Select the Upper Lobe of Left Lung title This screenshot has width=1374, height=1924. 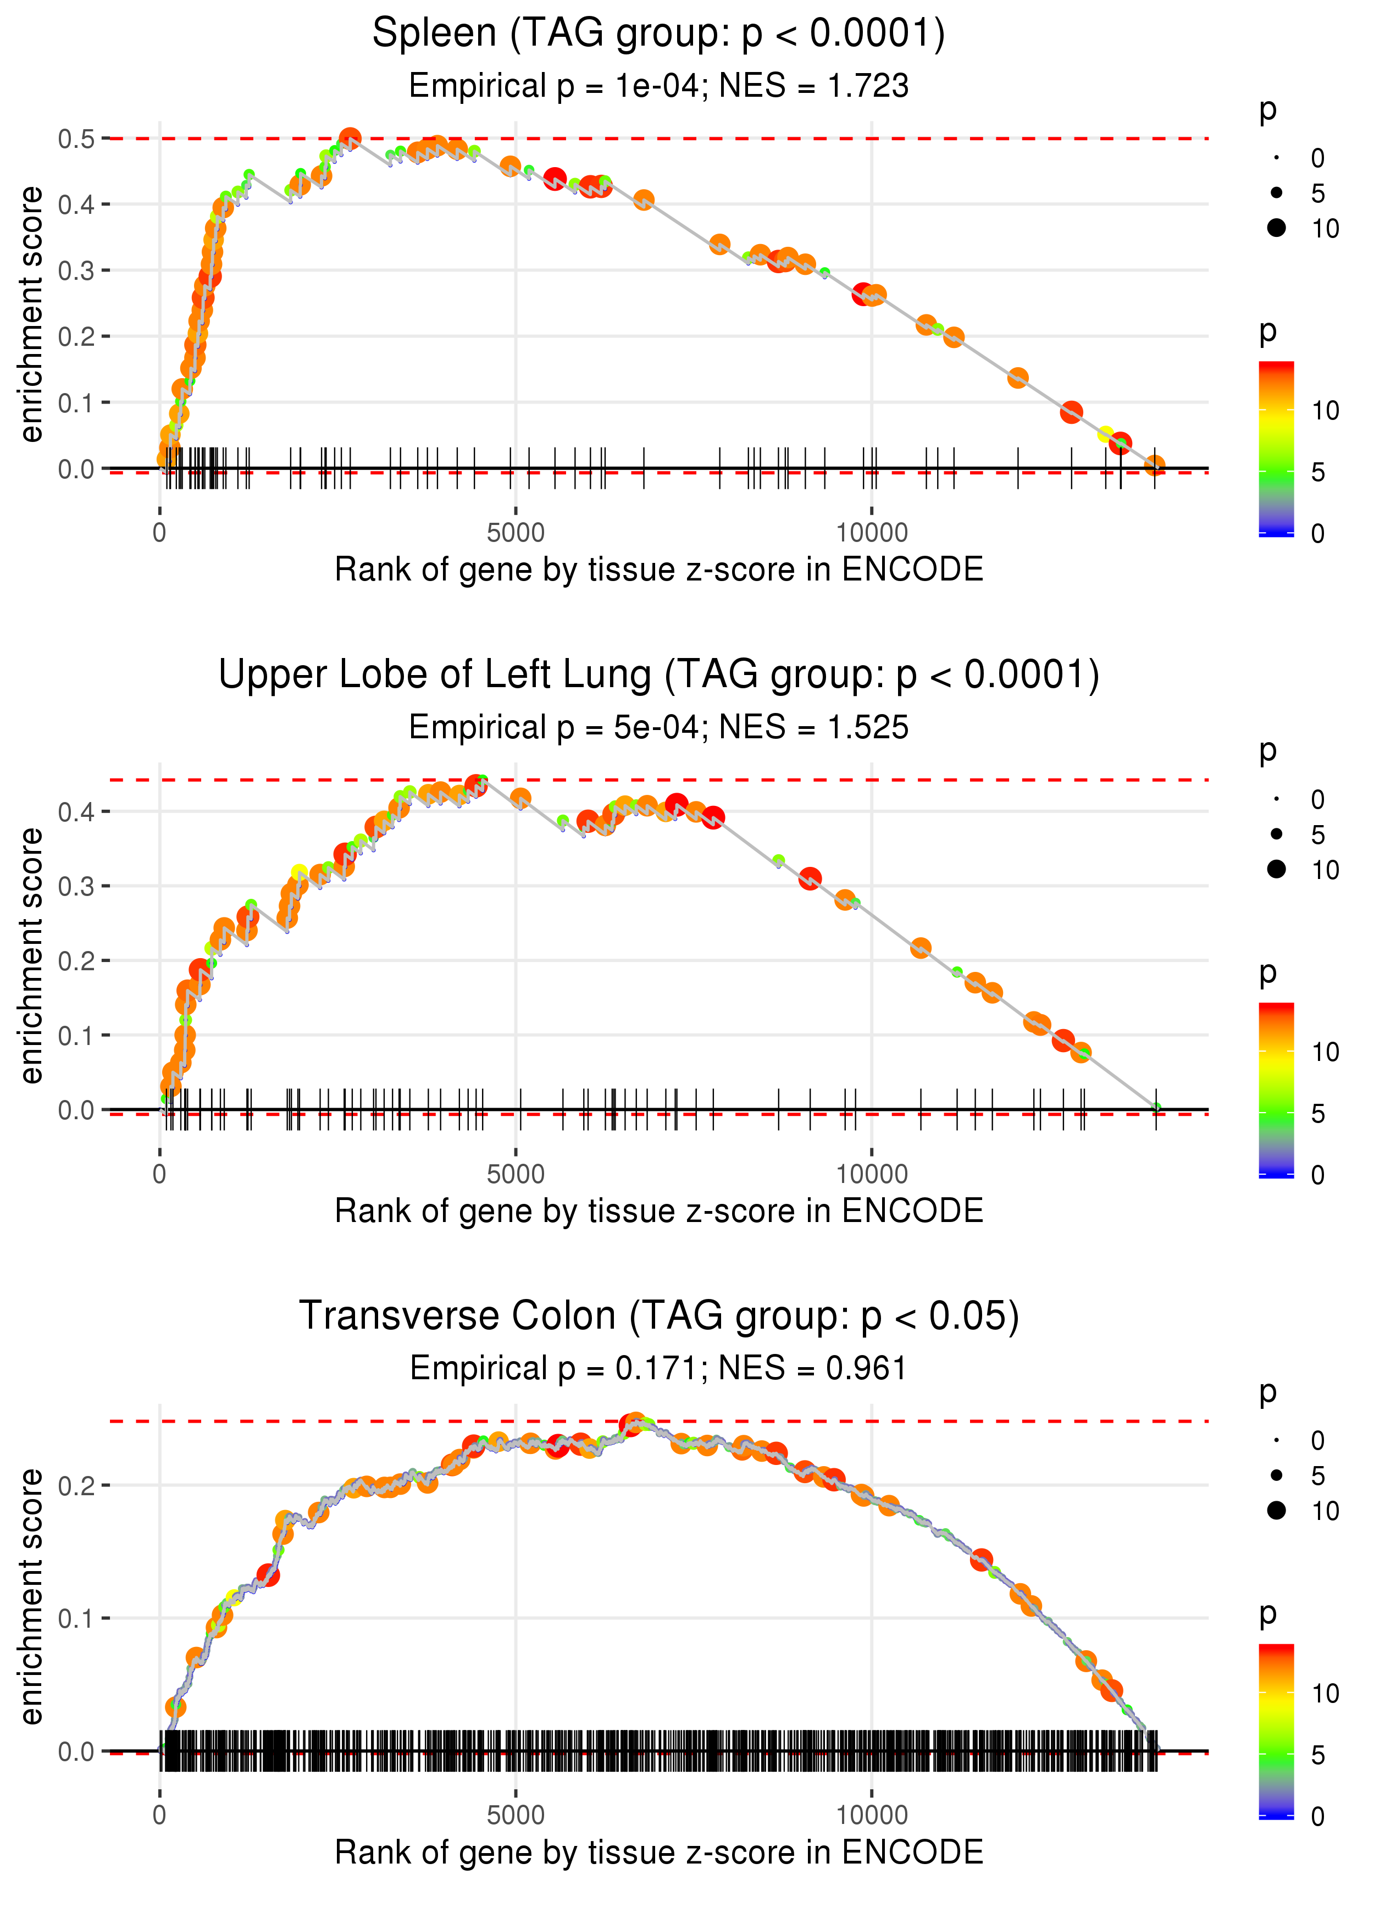pyautogui.click(x=658, y=675)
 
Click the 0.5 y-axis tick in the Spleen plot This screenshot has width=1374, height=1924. pyautogui.click(x=76, y=139)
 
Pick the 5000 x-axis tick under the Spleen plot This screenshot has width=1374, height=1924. pyautogui.click(x=516, y=533)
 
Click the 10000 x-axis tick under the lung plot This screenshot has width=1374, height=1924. pyautogui.click(x=872, y=1174)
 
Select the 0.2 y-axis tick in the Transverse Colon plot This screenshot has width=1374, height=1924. pyautogui.click(x=76, y=1485)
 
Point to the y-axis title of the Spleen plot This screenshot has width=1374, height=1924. pyautogui.click(x=31, y=315)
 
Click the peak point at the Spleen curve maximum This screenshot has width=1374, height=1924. pyautogui.click(x=350, y=138)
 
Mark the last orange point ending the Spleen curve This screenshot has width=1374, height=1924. pyautogui.click(x=1155, y=465)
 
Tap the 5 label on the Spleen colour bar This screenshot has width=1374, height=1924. pyautogui.click(x=1318, y=472)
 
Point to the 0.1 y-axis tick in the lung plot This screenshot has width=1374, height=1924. pyautogui.click(x=76, y=1036)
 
